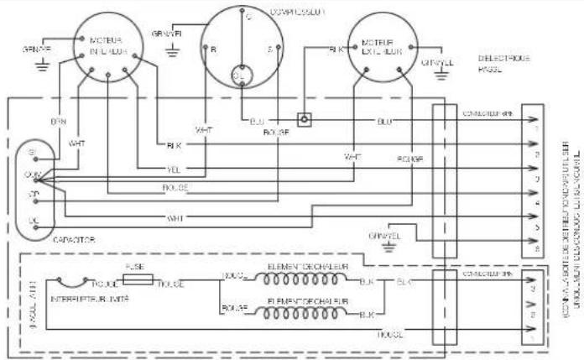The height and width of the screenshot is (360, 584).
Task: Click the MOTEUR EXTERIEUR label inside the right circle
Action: (383, 48)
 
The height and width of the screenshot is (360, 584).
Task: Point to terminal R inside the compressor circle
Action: (213, 50)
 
